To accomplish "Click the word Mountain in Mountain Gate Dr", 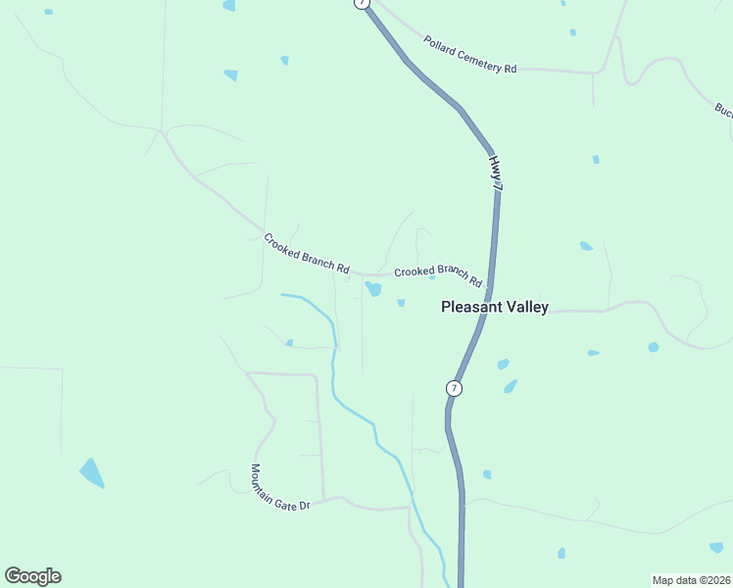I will point(262,478).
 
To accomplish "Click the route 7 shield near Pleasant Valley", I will point(453,388).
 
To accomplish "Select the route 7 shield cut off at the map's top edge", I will point(363,3).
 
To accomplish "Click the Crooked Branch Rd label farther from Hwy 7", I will point(306,253).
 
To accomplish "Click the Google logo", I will point(32,575).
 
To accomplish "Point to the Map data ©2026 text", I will point(691,580).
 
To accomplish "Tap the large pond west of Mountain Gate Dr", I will point(91,472).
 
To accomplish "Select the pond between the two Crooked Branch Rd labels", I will point(373,288).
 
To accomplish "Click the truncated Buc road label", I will point(724,111).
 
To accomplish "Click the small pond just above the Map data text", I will point(716,547).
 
